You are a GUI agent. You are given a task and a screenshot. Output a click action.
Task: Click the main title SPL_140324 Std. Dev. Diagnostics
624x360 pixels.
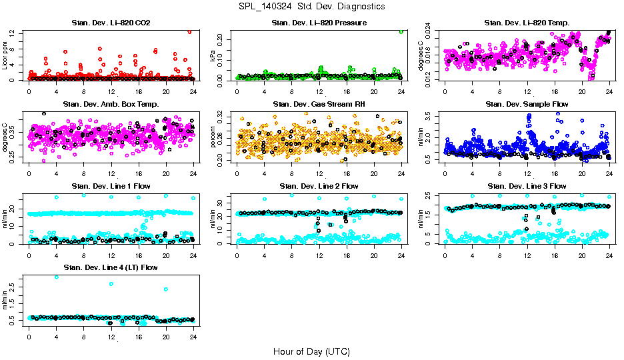pos(311,7)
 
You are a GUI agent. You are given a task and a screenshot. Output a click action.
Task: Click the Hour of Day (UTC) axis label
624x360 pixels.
pos(311,351)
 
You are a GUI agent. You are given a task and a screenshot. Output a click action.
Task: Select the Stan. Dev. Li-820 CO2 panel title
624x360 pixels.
pos(111,23)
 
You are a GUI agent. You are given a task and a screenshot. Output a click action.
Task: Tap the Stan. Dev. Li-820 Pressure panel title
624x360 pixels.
pos(319,23)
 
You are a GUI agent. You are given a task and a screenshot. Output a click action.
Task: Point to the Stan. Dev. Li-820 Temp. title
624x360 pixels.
pos(527,23)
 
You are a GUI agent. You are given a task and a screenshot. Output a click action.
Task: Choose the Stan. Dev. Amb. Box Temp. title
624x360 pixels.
pos(111,105)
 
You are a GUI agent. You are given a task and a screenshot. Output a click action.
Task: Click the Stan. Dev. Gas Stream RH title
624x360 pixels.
pos(319,105)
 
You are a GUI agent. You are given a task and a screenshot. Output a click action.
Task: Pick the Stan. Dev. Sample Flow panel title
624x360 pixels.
pos(527,105)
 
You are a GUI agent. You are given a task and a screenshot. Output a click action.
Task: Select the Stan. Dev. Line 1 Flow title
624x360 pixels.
pos(111,186)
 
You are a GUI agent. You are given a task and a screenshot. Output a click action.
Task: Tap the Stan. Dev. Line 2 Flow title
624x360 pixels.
pos(319,186)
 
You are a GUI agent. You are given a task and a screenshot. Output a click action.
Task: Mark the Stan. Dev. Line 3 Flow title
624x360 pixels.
pos(527,186)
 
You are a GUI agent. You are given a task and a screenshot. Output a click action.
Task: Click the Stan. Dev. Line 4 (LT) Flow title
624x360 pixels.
pos(111,267)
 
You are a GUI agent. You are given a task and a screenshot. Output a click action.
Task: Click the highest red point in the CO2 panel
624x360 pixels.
pos(189,31)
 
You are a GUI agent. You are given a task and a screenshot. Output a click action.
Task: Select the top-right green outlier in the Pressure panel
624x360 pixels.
pos(401,31)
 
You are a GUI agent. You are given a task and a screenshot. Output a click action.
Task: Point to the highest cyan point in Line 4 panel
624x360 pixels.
pos(56,277)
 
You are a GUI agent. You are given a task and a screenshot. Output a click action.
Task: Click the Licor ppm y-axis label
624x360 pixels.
pos(5,55)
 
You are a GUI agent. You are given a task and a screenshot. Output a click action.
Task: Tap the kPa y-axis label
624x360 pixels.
pos(213,56)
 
